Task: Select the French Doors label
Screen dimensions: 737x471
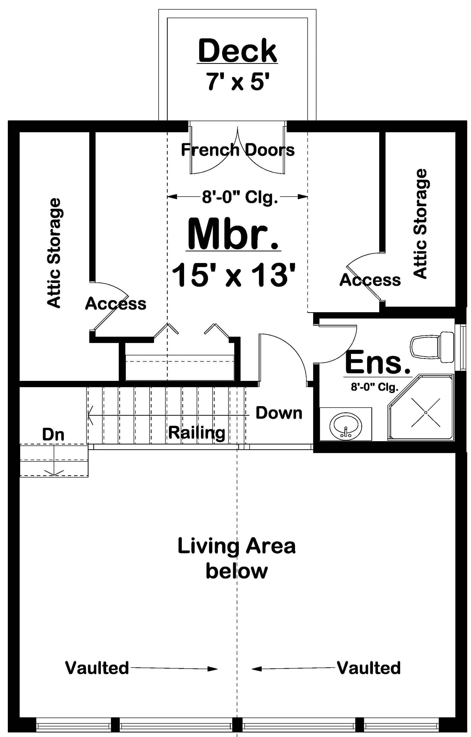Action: (x=238, y=150)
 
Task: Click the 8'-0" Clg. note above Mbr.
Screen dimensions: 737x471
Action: (x=240, y=197)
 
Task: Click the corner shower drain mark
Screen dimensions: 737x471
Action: (x=425, y=413)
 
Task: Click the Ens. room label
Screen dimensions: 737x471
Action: (x=378, y=363)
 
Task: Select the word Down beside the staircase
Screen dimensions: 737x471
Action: (x=279, y=413)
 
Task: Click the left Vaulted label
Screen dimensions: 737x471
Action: (x=97, y=668)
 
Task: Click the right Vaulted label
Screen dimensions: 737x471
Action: (x=369, y=668)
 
